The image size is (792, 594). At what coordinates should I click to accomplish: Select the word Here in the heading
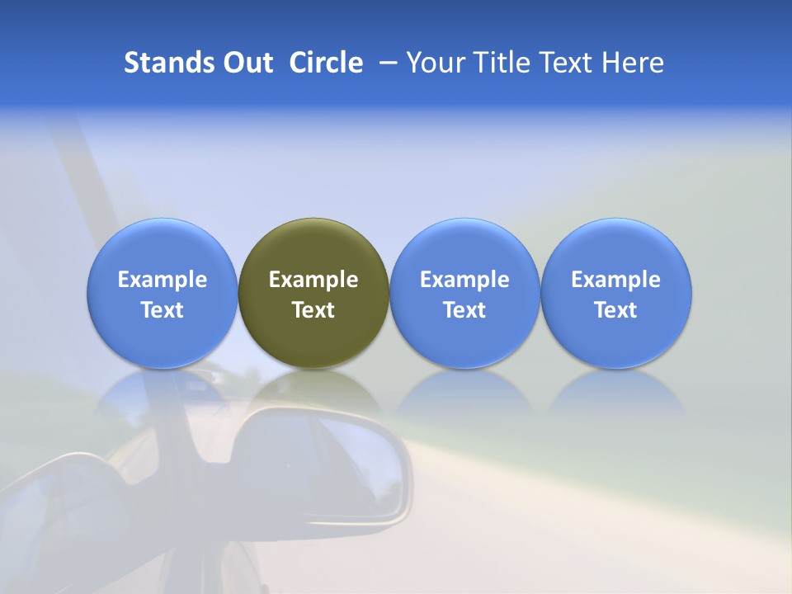click(634, 63)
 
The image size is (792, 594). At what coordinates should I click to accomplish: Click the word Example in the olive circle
click(313, 280)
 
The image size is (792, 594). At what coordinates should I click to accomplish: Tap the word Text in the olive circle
click(313, 310)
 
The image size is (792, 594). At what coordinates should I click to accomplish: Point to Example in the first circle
click(163, 280)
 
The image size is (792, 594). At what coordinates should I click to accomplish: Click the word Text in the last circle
click(616, 310)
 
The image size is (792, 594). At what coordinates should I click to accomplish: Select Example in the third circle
click(464, 280)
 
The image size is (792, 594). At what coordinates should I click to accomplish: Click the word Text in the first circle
click(163, 310)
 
